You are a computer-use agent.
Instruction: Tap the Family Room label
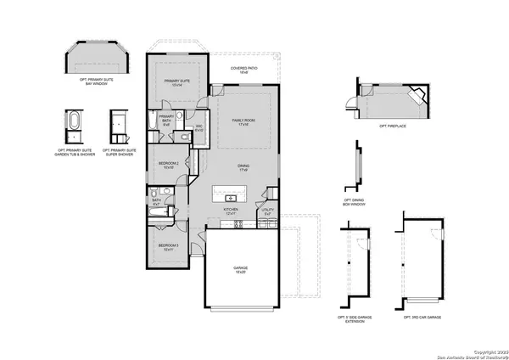tap(244, 122)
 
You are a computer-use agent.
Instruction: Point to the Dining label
tap(243, 169)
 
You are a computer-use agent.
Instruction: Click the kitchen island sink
tap(230, 198)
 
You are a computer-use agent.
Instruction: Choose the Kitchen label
tap(229, 211)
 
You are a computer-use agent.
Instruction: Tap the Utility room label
tap(268, 211)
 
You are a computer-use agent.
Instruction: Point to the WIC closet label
tap(199, 128)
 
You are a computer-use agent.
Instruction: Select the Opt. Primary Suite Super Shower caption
tap(120, 153)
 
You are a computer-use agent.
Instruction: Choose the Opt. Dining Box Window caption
tap(355, 203)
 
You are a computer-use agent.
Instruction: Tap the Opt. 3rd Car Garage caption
tap(422, 316)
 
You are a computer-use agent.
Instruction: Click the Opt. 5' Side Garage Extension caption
tap(354, 318)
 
